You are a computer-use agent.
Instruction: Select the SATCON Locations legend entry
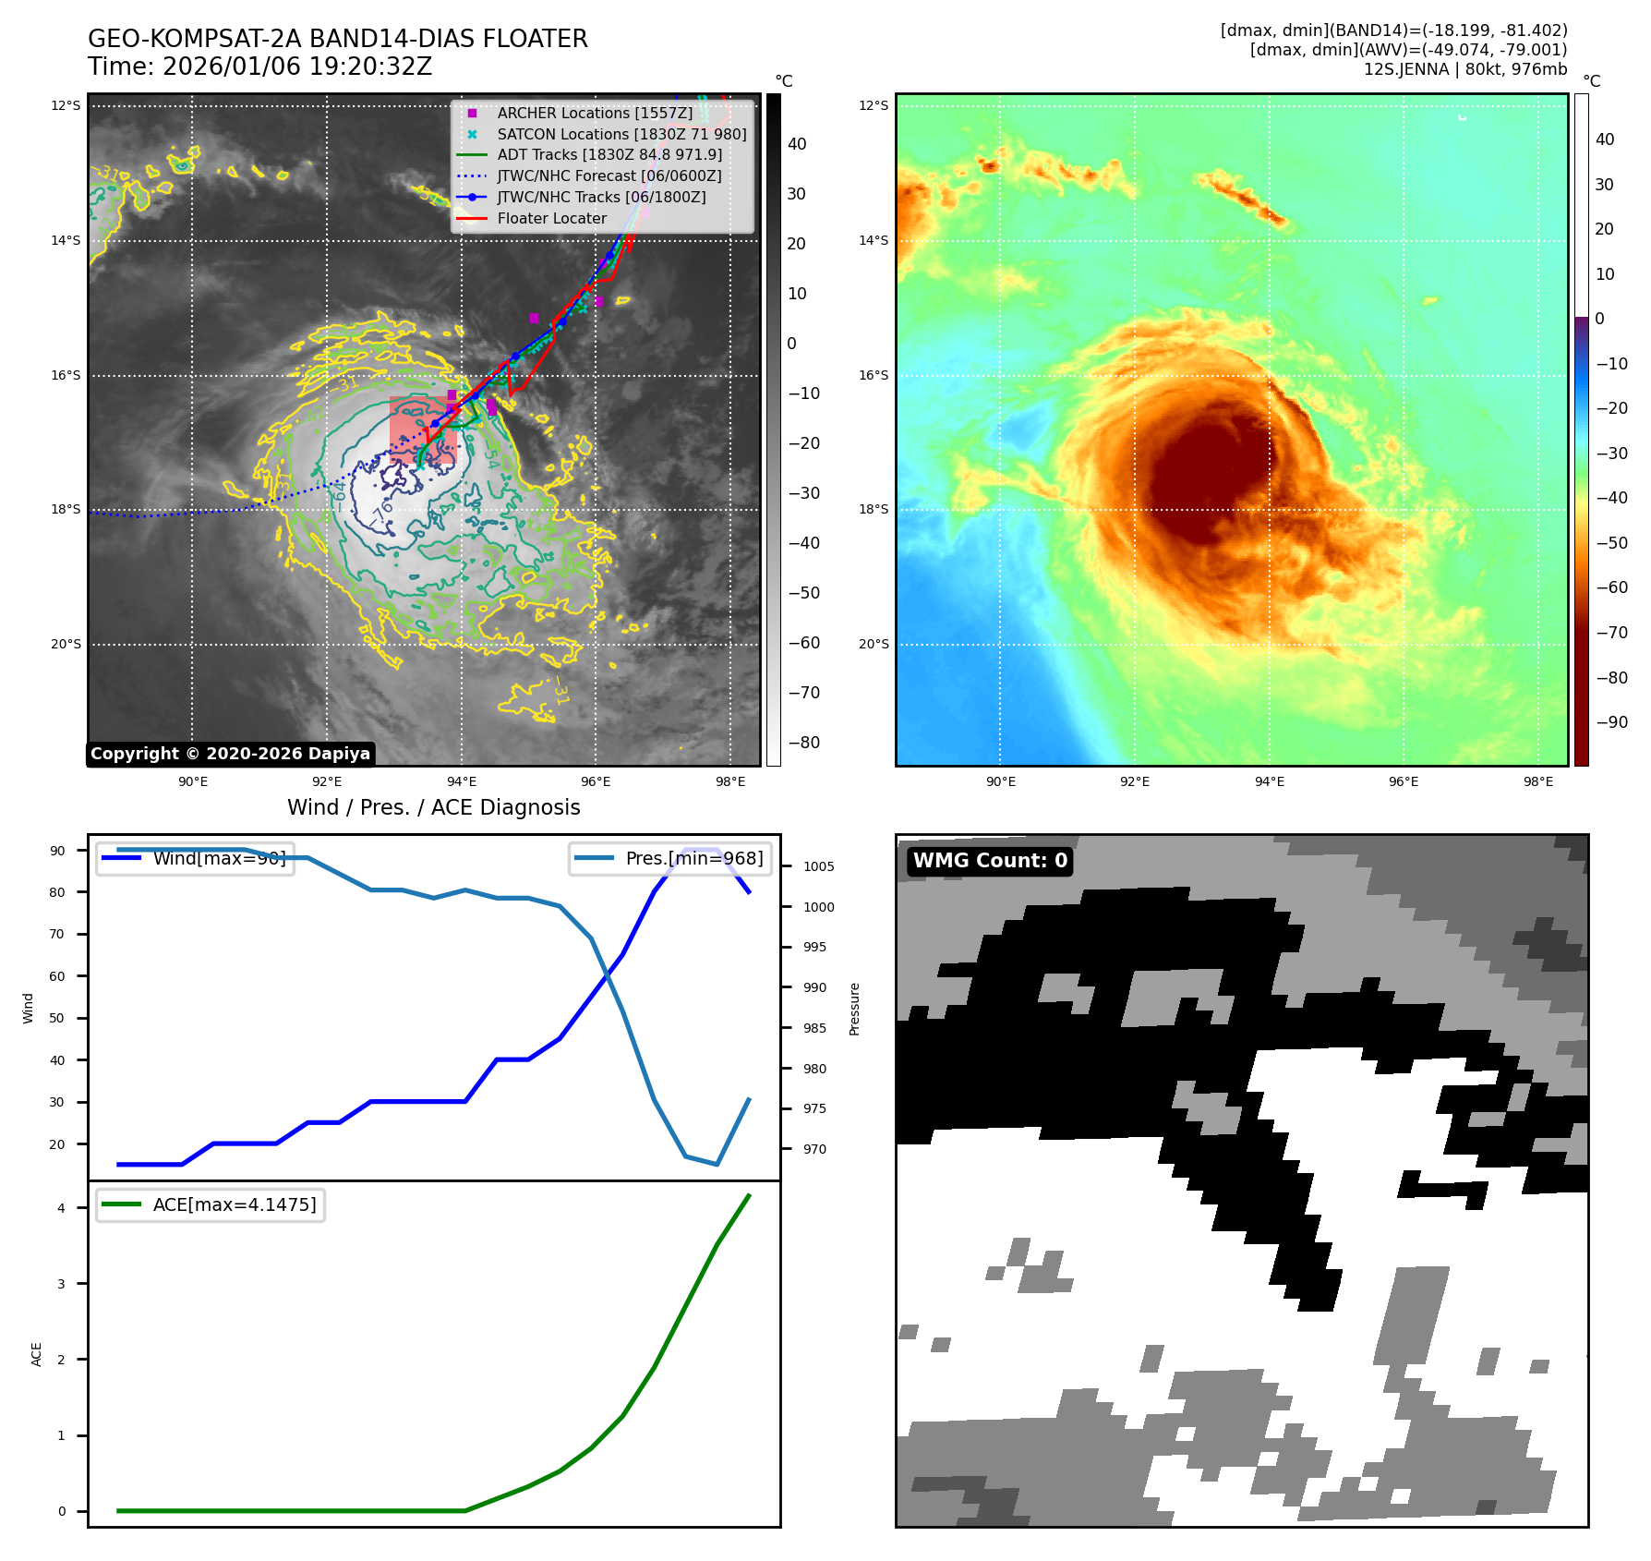(x=621, y=134)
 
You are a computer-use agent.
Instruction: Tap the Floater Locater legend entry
(x=551, y=218)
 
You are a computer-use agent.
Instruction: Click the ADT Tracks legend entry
(x=609, y=154)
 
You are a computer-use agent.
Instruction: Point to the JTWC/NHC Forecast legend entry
(x=609, y=175)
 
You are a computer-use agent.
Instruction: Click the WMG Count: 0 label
(x=990, y=861)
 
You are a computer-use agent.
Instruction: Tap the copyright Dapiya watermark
(x=230, y=754)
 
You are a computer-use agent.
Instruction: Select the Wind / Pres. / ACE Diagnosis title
(x=433, y=807)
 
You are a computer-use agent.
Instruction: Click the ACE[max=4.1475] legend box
(x=211, y=1204)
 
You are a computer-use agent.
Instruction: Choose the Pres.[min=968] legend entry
(x=670, y=858)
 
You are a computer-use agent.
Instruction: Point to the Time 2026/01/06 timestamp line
(x=259, y=67)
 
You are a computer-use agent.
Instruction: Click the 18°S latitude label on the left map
(x=66, y=509)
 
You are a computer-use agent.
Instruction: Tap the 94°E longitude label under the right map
(x=1269, y=781)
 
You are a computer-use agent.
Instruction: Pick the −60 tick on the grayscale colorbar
(x=803, y=643)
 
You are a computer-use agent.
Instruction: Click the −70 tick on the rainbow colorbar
(x=1611, y=633)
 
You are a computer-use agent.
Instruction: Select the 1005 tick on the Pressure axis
(x=818, y=866)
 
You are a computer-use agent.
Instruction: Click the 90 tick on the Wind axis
(x=58, y=851)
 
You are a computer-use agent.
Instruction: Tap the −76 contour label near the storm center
(x=381, y=514)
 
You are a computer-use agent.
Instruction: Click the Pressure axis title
(x=855, y=1009)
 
